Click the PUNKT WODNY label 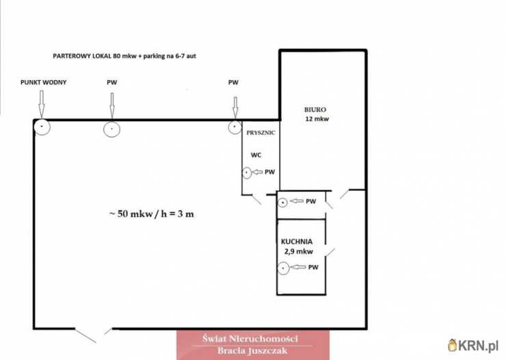pos(43,82)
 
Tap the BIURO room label pos(315,110)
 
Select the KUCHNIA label pos(297,242)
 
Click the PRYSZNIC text pos(261,133)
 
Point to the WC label pos(256,155)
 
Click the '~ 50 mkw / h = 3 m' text pos(152,214)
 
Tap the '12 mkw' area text pos(317,119)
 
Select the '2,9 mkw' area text pos(299,251)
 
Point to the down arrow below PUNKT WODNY pos(41,104)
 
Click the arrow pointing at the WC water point pos(257,172)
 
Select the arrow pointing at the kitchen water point pos(298,267)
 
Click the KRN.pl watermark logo pos(473,346)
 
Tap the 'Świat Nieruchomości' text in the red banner pos(250,339)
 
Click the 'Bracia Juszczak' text pos(252,351)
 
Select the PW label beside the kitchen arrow pos(313,268)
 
